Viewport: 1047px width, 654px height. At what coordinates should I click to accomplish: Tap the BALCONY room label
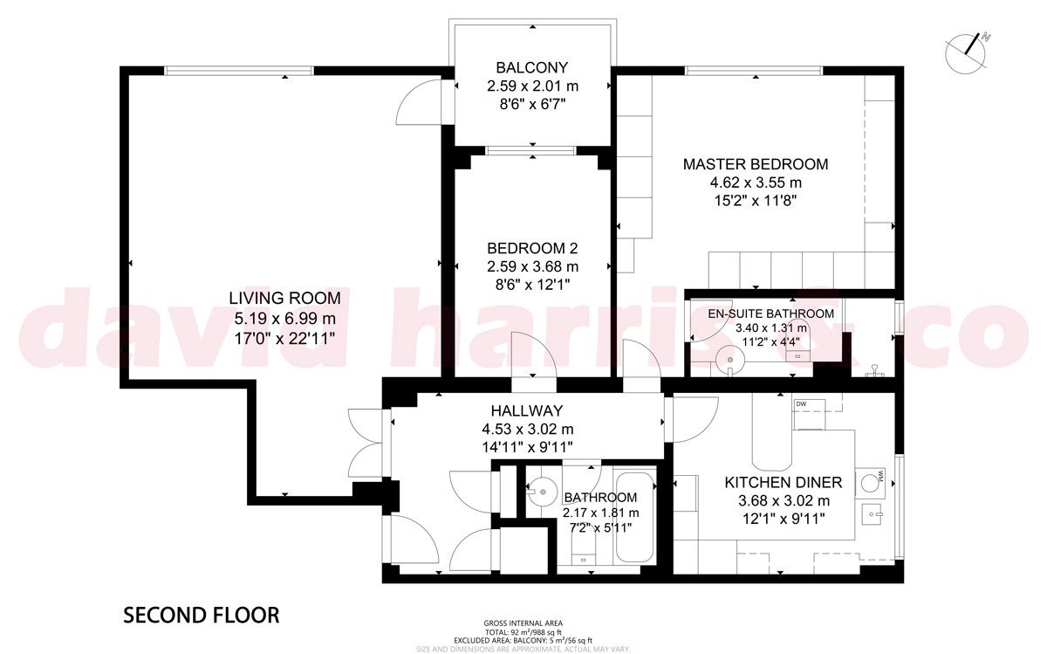pyautogui.click(x=532, y=67)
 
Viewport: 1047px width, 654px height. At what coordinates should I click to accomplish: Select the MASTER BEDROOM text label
pyautogui.click(x=755, y=164)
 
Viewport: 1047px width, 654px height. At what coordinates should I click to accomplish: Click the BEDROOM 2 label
pyautogui.click(x=532, y=247)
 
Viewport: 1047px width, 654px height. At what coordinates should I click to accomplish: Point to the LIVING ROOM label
pyautogui.click(x=284, y=299)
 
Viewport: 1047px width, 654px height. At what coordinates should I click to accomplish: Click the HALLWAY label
pyautogui.click(x=527, y=410)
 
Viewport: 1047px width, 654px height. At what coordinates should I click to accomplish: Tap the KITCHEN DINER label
pyautogui.click(x=784, y=482)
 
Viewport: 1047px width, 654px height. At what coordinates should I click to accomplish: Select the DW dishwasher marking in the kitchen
pyautogui.click(x=801, y=403)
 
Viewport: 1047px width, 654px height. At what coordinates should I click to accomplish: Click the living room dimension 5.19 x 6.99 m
pyautogui.click(x=284, y=317)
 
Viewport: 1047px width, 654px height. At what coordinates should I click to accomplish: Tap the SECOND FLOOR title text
pyautogui.click(x=202, y=616)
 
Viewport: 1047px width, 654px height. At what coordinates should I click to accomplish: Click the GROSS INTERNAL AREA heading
pyautogui.click(x=523, y=623)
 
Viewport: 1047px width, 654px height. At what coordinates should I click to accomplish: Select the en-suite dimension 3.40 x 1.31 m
pyautogui.click(x=770, y=328)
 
